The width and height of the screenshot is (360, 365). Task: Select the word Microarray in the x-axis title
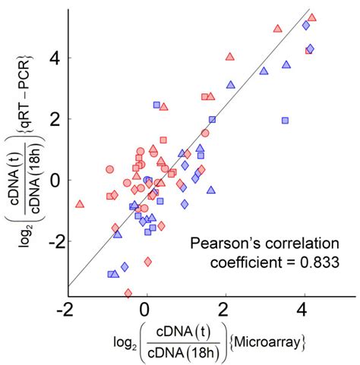click(x=270, y=344)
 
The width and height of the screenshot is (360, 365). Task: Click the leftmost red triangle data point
click(x=80, y=204)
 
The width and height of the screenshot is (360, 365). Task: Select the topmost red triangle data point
click(x=312, y=17)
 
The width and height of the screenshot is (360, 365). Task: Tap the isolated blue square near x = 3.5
click(x=285, y=121)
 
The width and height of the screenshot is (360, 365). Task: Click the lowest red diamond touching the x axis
click(x=128, y=292)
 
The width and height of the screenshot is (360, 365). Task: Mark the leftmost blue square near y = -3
click(x=111, y=274)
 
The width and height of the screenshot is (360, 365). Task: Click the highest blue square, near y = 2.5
click(x=156, y=105)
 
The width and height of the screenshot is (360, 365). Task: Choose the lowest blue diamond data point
click(x=125, y=266)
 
